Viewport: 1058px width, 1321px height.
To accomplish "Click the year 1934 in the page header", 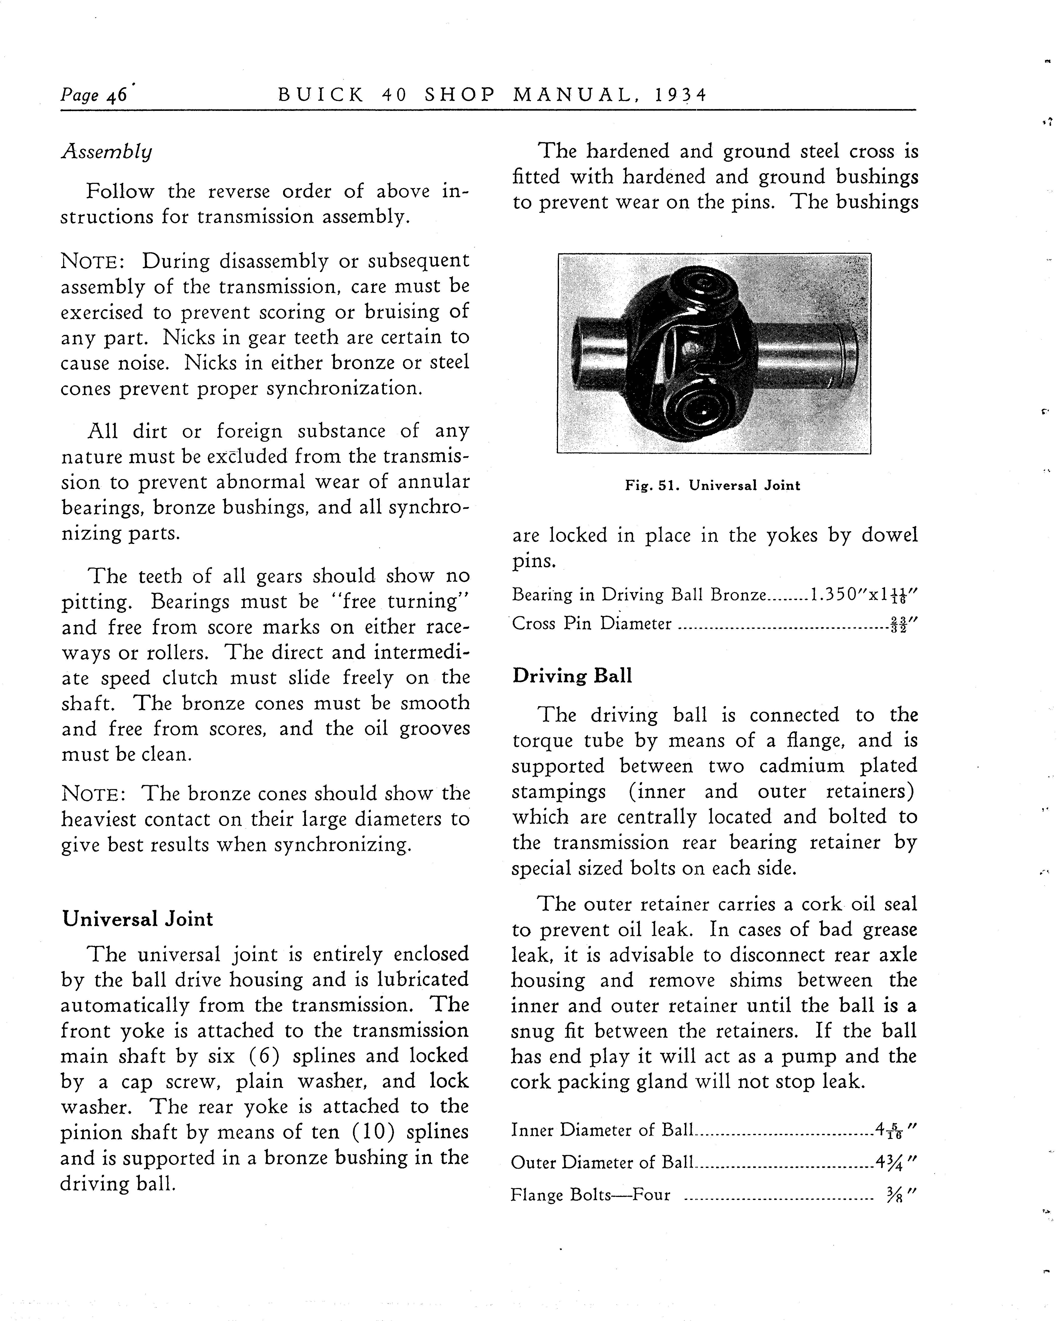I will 680,95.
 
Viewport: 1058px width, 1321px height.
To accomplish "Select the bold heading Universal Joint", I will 138,919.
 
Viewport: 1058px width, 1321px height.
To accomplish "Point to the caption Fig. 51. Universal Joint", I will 712,485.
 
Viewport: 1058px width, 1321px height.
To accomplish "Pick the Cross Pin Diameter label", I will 592,624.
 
